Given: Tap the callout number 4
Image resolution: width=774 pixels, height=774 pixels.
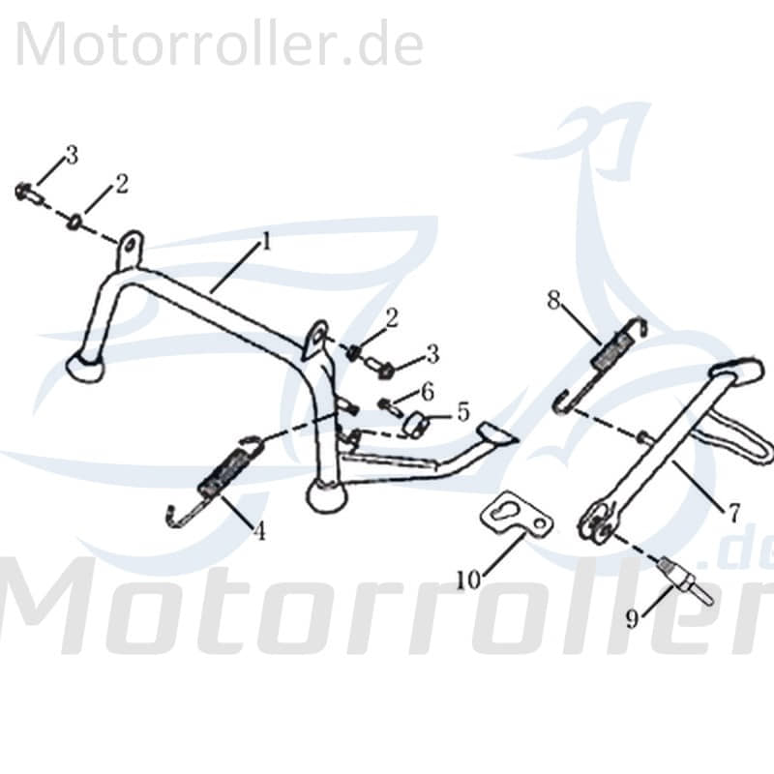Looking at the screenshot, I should point(259,530).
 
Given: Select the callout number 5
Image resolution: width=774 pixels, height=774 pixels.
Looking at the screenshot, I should point(462,411).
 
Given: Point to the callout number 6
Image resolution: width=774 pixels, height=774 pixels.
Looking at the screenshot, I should point(427,391).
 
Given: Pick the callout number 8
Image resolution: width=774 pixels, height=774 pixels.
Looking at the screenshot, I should point(553,299).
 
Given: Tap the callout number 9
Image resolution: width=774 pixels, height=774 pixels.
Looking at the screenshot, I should point(632,619).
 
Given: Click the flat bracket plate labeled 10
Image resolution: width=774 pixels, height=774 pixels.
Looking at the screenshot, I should point(518,516).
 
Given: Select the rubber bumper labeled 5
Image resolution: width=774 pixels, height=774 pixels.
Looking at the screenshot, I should point(417,424).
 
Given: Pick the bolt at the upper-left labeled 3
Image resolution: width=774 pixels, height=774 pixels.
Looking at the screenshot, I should point(28,193).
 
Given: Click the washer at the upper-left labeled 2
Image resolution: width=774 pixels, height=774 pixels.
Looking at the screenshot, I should point(74,223).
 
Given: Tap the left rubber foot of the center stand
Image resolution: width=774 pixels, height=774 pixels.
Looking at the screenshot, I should point(84,368).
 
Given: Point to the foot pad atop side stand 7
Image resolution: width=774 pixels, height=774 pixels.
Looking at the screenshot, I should point(739,371).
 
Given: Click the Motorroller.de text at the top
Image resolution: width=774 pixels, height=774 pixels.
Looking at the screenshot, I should point(219,44).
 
